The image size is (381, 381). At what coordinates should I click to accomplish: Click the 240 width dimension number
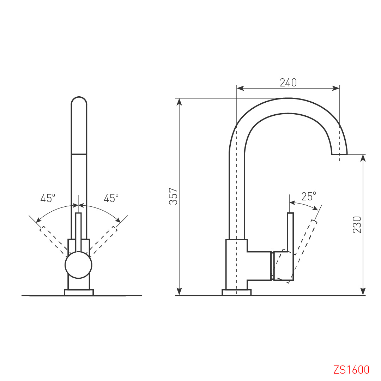pyautogui.click(x=288, y=83)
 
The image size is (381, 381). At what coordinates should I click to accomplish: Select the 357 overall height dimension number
pyautogui.click(x=173, y=196)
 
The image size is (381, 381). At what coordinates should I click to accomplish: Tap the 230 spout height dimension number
pyautogui.click(x=357, y=225)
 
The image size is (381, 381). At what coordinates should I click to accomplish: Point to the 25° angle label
pyautogui.click(x=309, y=196)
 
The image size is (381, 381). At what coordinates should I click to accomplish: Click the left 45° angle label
pyautogui.click(x=48, y=198)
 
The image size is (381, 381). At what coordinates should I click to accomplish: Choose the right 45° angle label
pyautogui.click(x=111, y=198)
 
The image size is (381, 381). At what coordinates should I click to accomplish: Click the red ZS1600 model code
pyautogui.click(x=351, y=370)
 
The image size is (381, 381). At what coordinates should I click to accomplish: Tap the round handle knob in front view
pyautogui.click(x=78, y=265)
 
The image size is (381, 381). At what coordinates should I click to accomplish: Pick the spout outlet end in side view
pyautogui.click(x=339, y=154)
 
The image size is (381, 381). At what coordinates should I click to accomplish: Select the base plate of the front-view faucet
pyautogui.click(x=79, y=292)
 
